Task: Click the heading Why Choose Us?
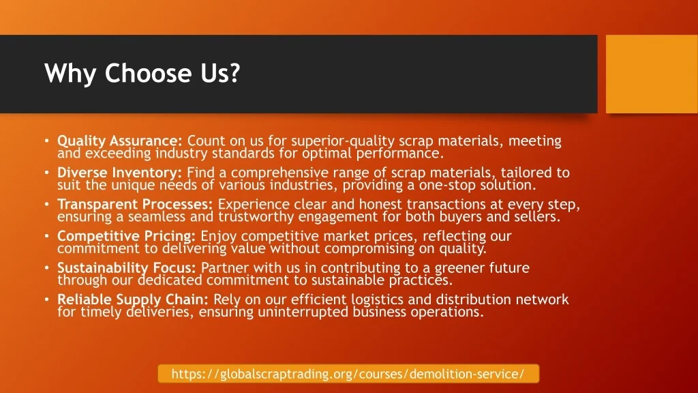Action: pyautogui.click(x=142, y=74)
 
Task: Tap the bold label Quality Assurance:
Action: pyautogui.click(x=120, y=141)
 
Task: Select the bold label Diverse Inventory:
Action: pyautogui.click(x=119, y=173)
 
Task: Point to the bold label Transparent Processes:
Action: pyautogui.click(x=135, y=204)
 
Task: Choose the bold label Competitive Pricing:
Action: pyautogui.click(x=126, y=236)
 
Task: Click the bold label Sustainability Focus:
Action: pyautogui.click(x=126, y=267)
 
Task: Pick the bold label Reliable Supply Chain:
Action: pyautogui.click(x=133, y=300)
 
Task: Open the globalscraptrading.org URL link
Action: pyautogui.click(x=348, y=373)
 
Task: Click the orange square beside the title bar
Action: pyautogui.click(x=652, y=74)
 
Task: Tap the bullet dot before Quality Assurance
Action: pyautogui.click(x=47, y=141)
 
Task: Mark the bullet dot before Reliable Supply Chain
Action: pyautogui.click(x=47, y=300)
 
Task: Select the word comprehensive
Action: pyautogui.click(x=279, y=173)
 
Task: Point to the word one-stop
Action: pyautogui.click(x=447, y=185)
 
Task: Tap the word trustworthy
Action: pyautogui.click(x=256, y=217)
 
